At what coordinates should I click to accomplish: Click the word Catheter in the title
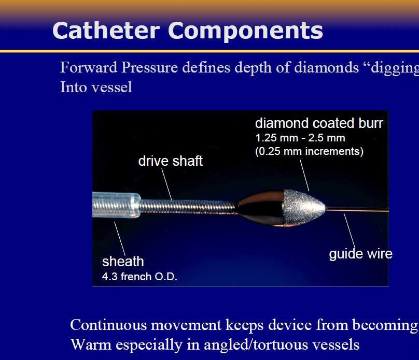[x=106, y=31]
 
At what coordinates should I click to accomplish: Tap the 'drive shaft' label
[x=171, y=161]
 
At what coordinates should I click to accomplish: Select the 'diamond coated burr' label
[x=319, y=123]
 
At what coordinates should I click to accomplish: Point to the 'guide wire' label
[x=361, y=254]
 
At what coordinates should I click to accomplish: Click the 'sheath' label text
[x=123, y=262]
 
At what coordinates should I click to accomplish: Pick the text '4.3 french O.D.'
[x=139, y=277]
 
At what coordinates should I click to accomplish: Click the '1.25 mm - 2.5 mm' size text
[x=300, y=138]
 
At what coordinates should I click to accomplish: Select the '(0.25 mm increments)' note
[x=309, y=151]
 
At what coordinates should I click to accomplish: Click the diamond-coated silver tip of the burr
[x=302, y=207]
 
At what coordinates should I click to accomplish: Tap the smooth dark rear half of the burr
[x=260, y=208]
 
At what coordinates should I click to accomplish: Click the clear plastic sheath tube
[x=116, y=205]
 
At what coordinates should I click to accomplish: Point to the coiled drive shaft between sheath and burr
[x=187, y=207]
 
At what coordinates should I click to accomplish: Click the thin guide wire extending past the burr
[x=357, y=210]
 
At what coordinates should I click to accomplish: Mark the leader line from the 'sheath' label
[x=120, y=239]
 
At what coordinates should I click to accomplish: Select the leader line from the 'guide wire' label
[x=350, y=231]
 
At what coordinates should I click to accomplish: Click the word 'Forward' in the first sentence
[x=89, y=67]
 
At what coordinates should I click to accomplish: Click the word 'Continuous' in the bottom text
[x=108, y=325]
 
